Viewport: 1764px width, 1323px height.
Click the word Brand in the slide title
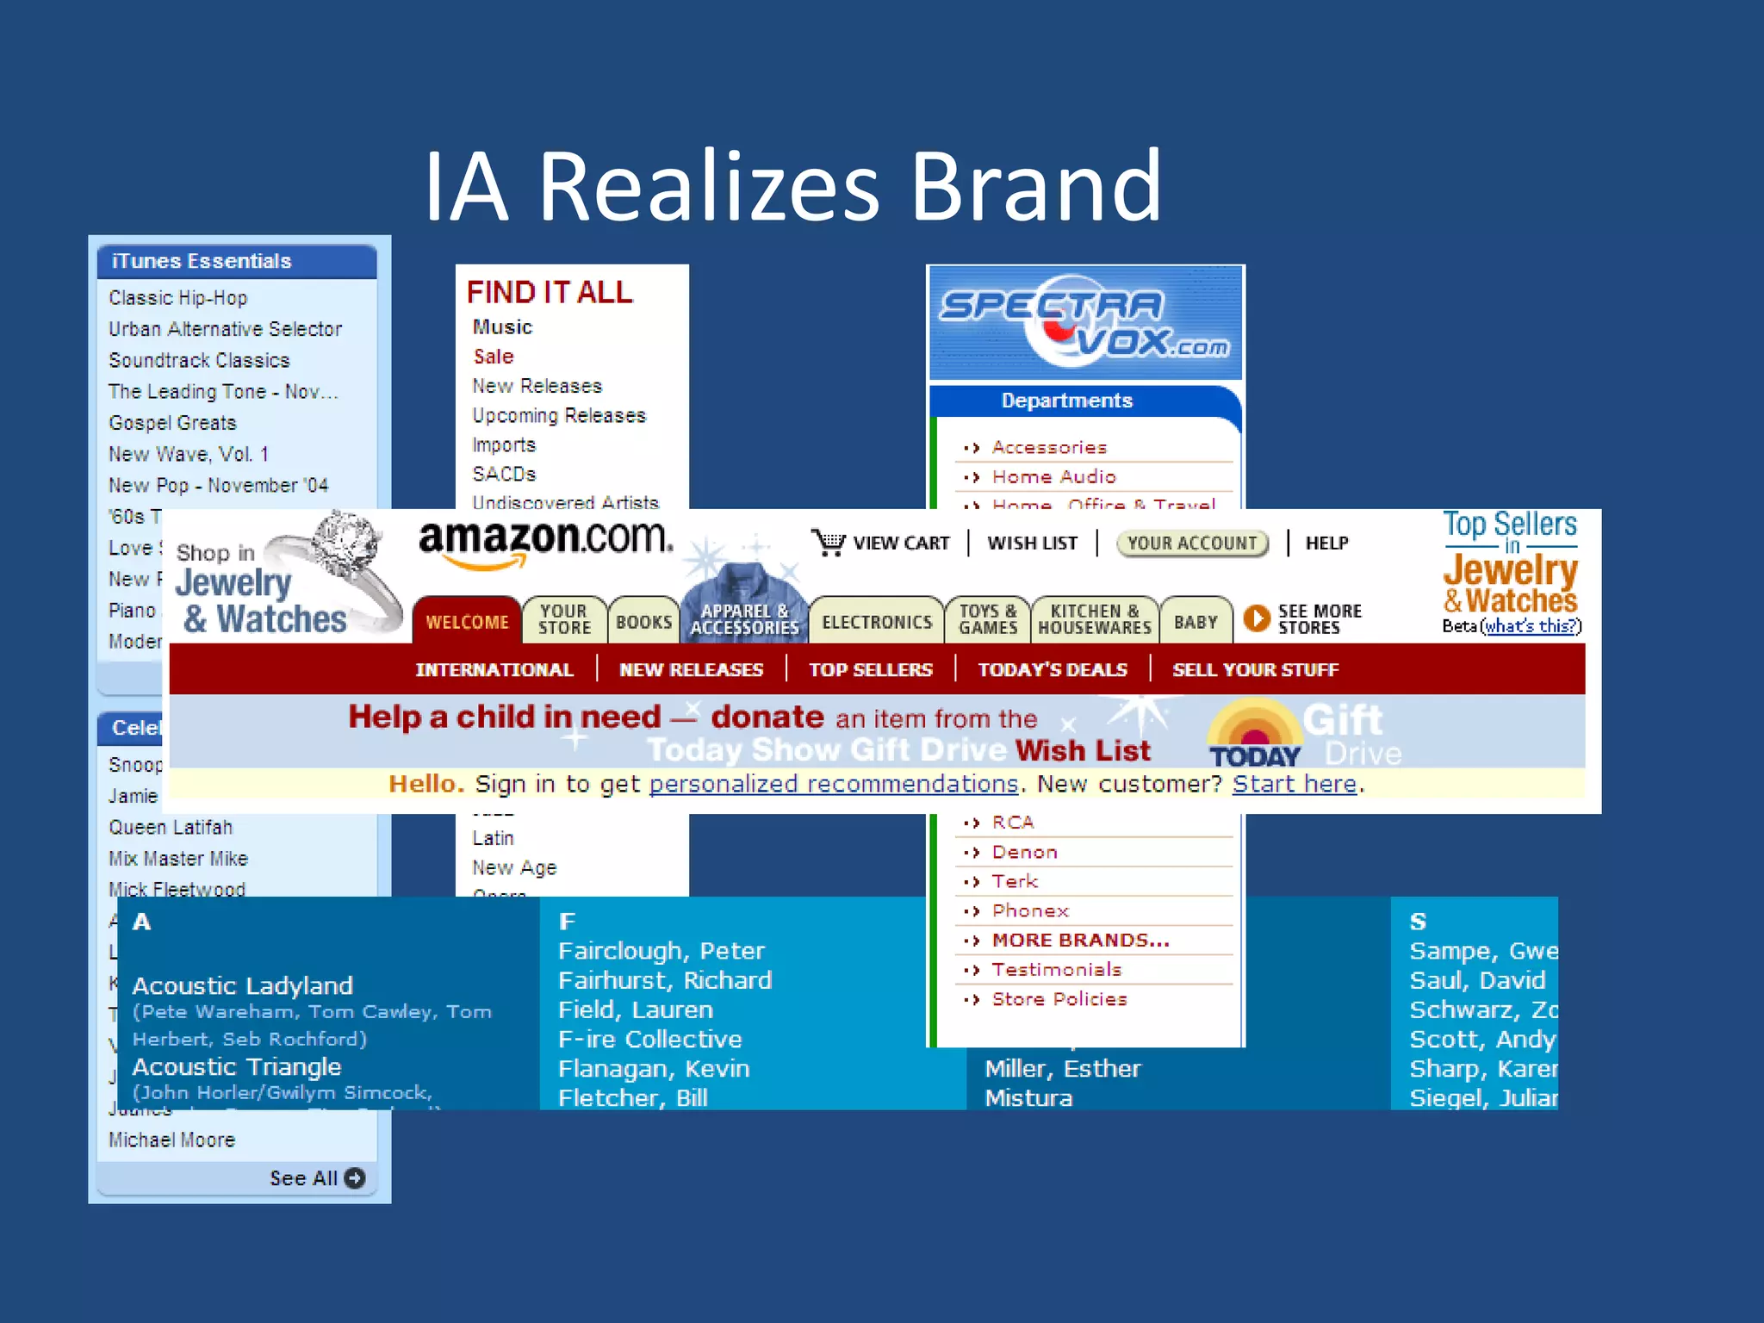click(x=1036, y=186)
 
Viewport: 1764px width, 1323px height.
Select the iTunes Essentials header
click(x=202, y=261)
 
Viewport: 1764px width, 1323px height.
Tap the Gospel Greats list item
click(x=172, y=423)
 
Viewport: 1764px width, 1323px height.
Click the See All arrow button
click(x=355, y=1177)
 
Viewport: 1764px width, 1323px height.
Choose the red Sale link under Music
click(x=494, y=357)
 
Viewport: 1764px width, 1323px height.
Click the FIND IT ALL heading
click(x=550, y=293)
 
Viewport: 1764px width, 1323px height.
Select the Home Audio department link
click(x=1053, y=477)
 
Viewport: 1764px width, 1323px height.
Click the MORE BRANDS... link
click(x=1080, y=941)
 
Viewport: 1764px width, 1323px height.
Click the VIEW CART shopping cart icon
click(x=829, y=543)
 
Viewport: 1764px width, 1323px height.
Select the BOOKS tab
click(x=643, y=622)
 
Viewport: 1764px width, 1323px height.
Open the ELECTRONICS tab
click(x=877, y=622)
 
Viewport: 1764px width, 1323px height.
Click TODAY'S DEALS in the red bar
click(x=1053, y=670)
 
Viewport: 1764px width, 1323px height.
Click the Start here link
click(x=1295, y=784)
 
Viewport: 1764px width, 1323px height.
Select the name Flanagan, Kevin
click(x=654, y=1069)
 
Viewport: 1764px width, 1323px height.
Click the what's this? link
click(x=1531, y=626)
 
